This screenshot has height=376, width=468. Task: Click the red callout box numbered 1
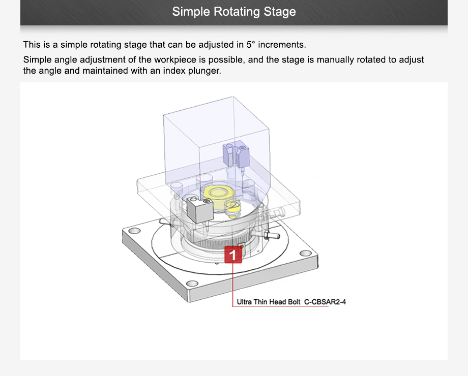[x=233, y=255]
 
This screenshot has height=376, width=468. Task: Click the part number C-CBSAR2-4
[x=325, y=302]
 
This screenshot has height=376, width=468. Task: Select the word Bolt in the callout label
[x=295, y=302]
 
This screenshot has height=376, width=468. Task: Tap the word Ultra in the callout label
[x=245, y=302]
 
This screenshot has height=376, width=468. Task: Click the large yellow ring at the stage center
[x=218, y=194]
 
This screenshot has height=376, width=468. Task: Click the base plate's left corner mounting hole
[x=135, y=231]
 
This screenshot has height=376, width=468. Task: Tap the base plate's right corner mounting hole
[x=305, y=253]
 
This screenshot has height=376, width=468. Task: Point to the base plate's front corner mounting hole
[x=192, y=284]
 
